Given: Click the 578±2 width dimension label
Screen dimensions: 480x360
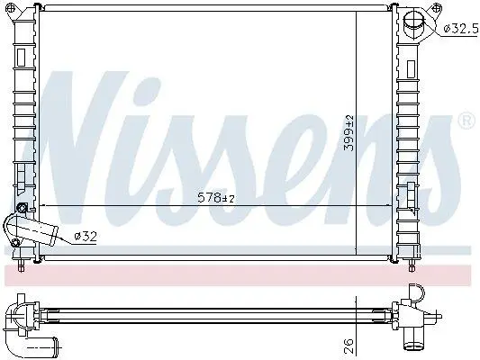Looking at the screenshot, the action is tap(216, 198).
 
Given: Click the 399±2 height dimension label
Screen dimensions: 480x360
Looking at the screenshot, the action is tap(349, 133).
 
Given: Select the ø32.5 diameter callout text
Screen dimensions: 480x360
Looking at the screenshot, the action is tap(461, 29).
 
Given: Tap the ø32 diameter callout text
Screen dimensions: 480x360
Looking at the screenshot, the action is tap(86, 236).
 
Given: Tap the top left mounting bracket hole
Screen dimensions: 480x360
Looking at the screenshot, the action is tap(10, 6).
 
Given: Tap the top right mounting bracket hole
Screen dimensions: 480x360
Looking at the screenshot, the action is tap(436, 7).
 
